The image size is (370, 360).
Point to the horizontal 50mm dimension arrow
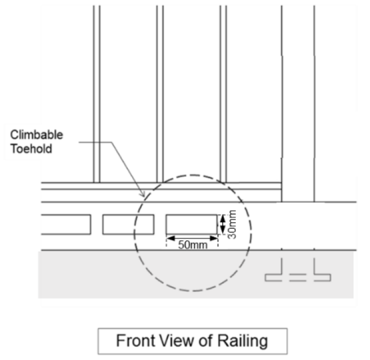pyautogui.click(x=191, y=238)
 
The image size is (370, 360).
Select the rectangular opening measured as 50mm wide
pyautogui.click(x=191, y=224)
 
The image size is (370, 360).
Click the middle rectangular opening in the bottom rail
pyautogui.click(x=127, y=224)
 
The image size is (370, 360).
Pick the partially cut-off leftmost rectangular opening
pyautogui.click(x=65, y=224)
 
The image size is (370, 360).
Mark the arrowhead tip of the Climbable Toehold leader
pyautogui.click(x=144, y=195)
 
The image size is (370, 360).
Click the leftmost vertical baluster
pyautogui.click(x=96, y=93)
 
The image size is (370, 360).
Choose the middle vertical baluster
pyautogui.click(x=160, y=93)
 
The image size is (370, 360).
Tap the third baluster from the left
pyautogui.click(x=223, y=93)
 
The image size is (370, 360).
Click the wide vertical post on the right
pyautogui.click(x=298, y=102)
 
